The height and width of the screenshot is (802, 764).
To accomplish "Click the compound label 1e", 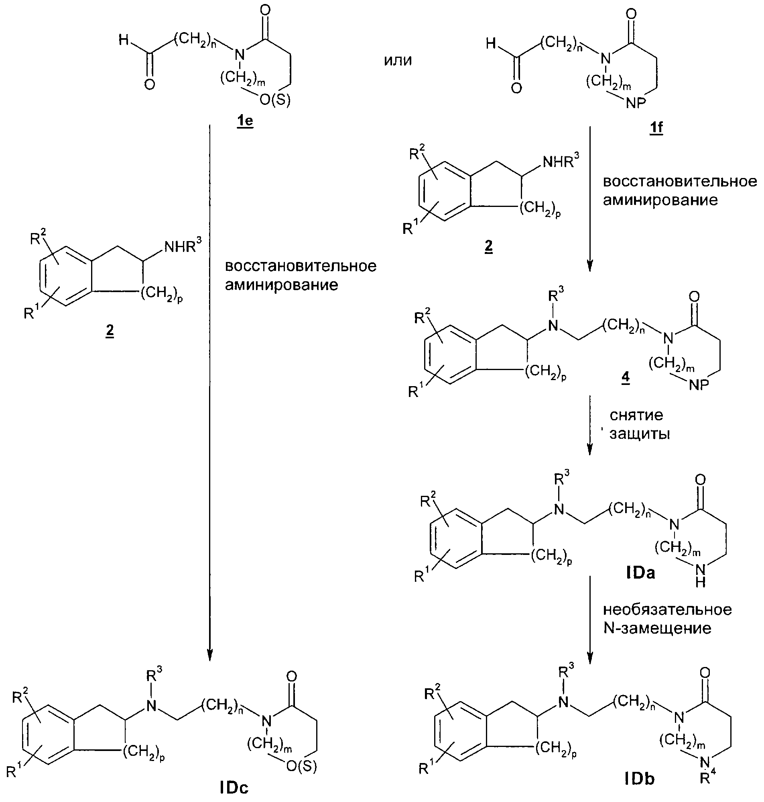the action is (245, 122).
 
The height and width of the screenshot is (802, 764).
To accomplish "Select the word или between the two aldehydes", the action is (398, 60).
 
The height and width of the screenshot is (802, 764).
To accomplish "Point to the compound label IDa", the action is (640, 573).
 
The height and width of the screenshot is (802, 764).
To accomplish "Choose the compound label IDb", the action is (640, 779).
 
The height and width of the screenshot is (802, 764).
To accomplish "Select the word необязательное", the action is (667, 609).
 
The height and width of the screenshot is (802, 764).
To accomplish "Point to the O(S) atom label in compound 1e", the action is (275, 100).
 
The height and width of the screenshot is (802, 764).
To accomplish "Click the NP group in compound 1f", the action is (636, 104).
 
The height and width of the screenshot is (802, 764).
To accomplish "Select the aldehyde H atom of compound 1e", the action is (124, 40).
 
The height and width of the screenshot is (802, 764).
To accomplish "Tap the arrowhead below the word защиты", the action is (589, 449).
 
